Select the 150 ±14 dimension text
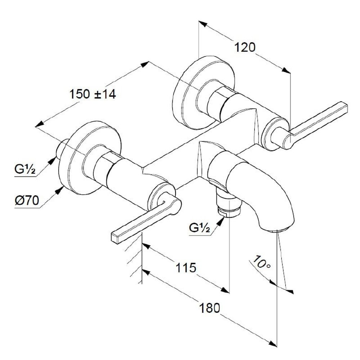coord(93,94)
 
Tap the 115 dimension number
coord(186,267)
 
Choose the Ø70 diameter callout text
coord(27,201)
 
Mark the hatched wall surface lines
coord(134,259)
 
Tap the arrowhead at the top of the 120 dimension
coord(203,24)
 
